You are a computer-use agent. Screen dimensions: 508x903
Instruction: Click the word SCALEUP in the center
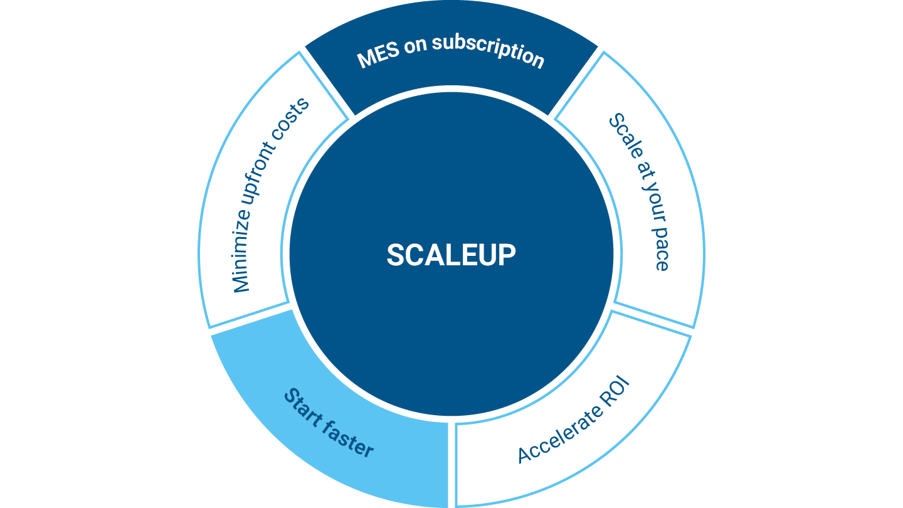pos(451,255)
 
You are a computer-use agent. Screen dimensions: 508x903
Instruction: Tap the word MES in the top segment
pos(376,56)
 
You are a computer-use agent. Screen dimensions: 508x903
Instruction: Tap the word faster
pos(351,438)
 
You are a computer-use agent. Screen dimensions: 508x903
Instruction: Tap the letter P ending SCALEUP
pos(507,255)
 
